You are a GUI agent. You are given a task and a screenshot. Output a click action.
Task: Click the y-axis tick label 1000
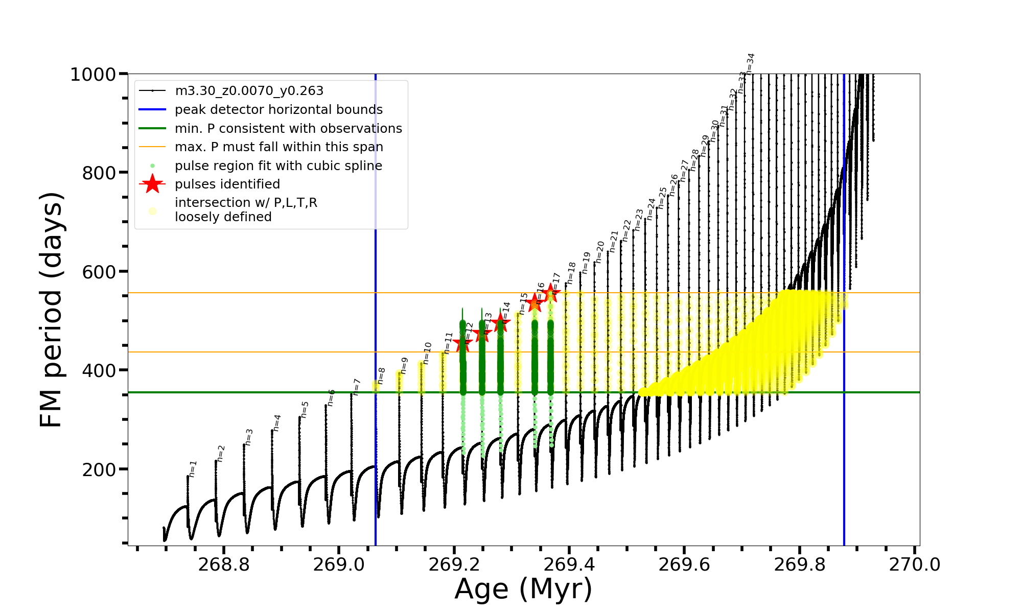click(x=93, y=75)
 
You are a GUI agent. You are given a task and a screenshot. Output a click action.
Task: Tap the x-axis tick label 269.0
click(x=339, y=564)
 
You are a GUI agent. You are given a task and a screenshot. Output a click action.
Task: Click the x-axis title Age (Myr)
click(x=523, y=589)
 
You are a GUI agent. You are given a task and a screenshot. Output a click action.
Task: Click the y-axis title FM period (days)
click(x=52, y=310)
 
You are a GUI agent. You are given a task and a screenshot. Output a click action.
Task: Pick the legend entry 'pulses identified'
click(x=227, y=184)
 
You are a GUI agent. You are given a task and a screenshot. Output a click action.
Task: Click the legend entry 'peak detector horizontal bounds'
click(x=278, y=110)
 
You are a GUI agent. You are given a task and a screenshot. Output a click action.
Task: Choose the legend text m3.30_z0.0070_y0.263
click(x=249, y=91)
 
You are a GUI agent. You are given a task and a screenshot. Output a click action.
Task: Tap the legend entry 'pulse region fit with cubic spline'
click(x=278, y=166)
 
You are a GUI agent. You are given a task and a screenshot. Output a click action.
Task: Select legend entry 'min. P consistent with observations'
click(x=288, y=129)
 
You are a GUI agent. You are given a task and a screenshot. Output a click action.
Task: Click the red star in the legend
click(x=152, y=184)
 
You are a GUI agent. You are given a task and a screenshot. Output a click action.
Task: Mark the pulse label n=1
click(x=193, y=469)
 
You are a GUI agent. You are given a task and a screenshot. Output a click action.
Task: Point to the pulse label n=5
click(x=305, y=409)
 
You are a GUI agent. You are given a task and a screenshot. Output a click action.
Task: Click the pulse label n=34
click(x=750, y=63)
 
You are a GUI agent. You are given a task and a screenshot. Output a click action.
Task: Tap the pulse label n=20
click(x=600, y=252)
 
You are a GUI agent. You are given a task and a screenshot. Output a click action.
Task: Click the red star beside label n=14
click(x=501, y=322)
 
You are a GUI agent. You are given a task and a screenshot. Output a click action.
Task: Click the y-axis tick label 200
click(x=99, y=469)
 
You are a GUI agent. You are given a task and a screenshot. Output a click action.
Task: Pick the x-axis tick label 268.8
click(x=223, y=564)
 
